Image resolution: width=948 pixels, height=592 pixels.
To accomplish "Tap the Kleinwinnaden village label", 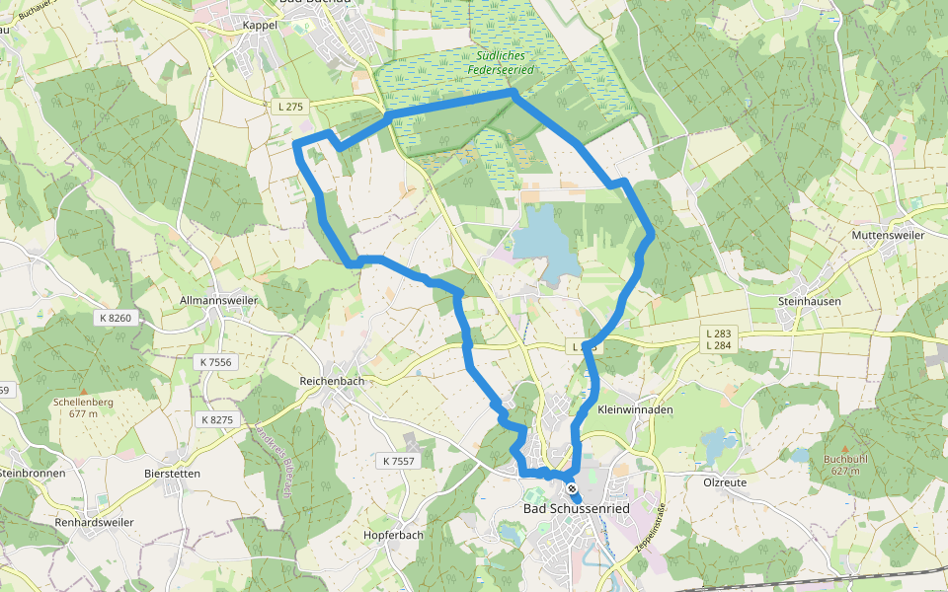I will pyautogui.click(x=635, y=409).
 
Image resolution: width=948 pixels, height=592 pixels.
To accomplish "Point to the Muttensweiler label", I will pyautogui.click(x=888, y=236).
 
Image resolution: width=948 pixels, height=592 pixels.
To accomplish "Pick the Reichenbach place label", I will pyautogui.click(x=332, y=381).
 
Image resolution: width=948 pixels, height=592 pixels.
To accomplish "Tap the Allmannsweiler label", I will pyautogui.click(x=219, y=300).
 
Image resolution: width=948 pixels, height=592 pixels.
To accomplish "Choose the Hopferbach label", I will pyautogui.click(x=393, y=535).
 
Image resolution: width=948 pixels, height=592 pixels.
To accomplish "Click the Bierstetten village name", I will pyautogui.click(x=172, y=474).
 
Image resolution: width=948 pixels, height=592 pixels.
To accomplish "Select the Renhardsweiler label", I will pyautogui.click(x=94, y=521).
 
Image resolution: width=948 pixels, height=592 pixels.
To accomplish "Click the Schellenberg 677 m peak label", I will pyautogui.click(x=76, y=407).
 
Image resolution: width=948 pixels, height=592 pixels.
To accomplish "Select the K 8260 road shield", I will pyautogui.click(x=116, y=318).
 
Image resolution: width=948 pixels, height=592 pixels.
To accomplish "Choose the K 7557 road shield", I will pyautogui.click(x=396, y=461).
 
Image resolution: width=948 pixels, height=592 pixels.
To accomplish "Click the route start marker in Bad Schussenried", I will pyautogui.click(x=572, y=487).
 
